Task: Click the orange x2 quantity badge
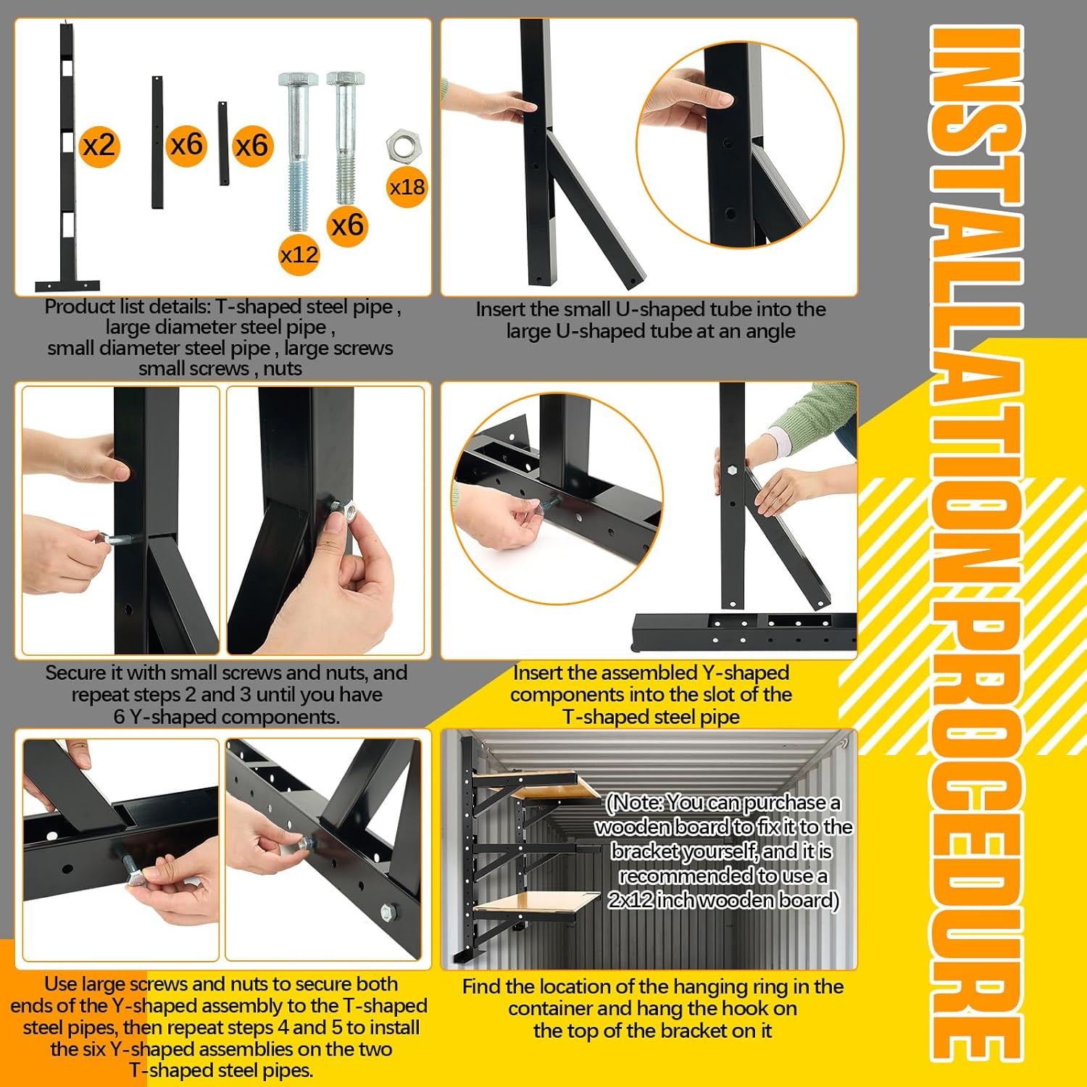click(x=99, y=146)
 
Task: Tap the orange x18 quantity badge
click(x=407, y=188)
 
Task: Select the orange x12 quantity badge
click(x=299, y=254)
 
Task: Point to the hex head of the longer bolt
click(x=298, y=81)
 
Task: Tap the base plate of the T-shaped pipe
click(x=67, y=286)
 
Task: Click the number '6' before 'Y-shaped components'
click(x=120, y=717)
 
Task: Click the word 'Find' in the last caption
click(x=481, y=987)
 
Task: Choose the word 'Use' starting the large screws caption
click(x=60, y=984)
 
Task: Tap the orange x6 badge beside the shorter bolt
click(x=347, y=225)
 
